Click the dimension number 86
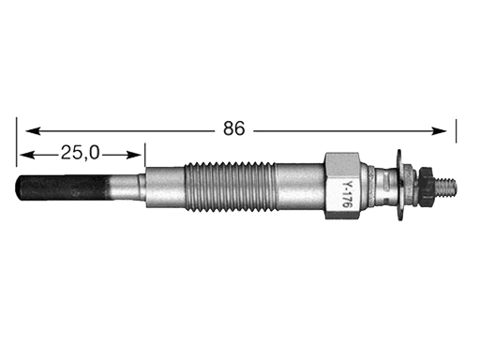pyautogui.click(x=234, y=128)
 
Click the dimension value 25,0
pyautogui.click(x=81, y=153)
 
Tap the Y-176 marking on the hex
pyautogui.click(x=346, y=195)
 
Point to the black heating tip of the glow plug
pyautogui.click(x=63, y=187)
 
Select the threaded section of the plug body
pyautogui.click(x=230, y=187)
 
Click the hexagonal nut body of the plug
pyautogui.click(x=342, y=186)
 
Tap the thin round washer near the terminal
pyautogui.click(x=399, y=185)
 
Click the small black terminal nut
pyautogui.click(x=426, y=187)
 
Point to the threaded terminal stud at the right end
pyautogui.click(x=445, y=187)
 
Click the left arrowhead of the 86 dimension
pyautogui.click(x=33, y=131)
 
